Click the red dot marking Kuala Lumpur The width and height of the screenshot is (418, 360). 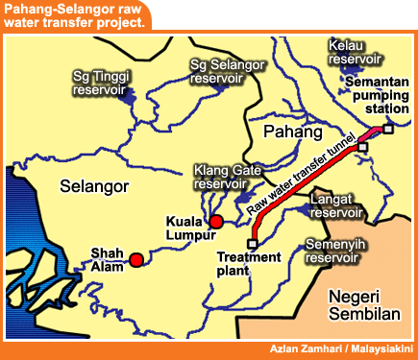pyautogui.click(x=216, y=222)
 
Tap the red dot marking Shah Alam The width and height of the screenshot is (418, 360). pyautogui.click(x=136, y=259)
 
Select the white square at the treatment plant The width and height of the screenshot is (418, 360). pyautogui.click(x=253, y=244)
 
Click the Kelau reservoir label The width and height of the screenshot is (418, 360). pyautogui.click(x=354, y=52)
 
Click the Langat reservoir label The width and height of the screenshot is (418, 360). pyautogui.click(x=336, y=205)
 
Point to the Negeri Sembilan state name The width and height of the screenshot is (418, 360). pyautogui.click(x=361, y=304)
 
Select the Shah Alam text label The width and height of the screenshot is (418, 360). pyautogui.click(x=106, y=260)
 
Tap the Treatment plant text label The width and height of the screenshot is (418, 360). pyautogui.click(x=248, y=264)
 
